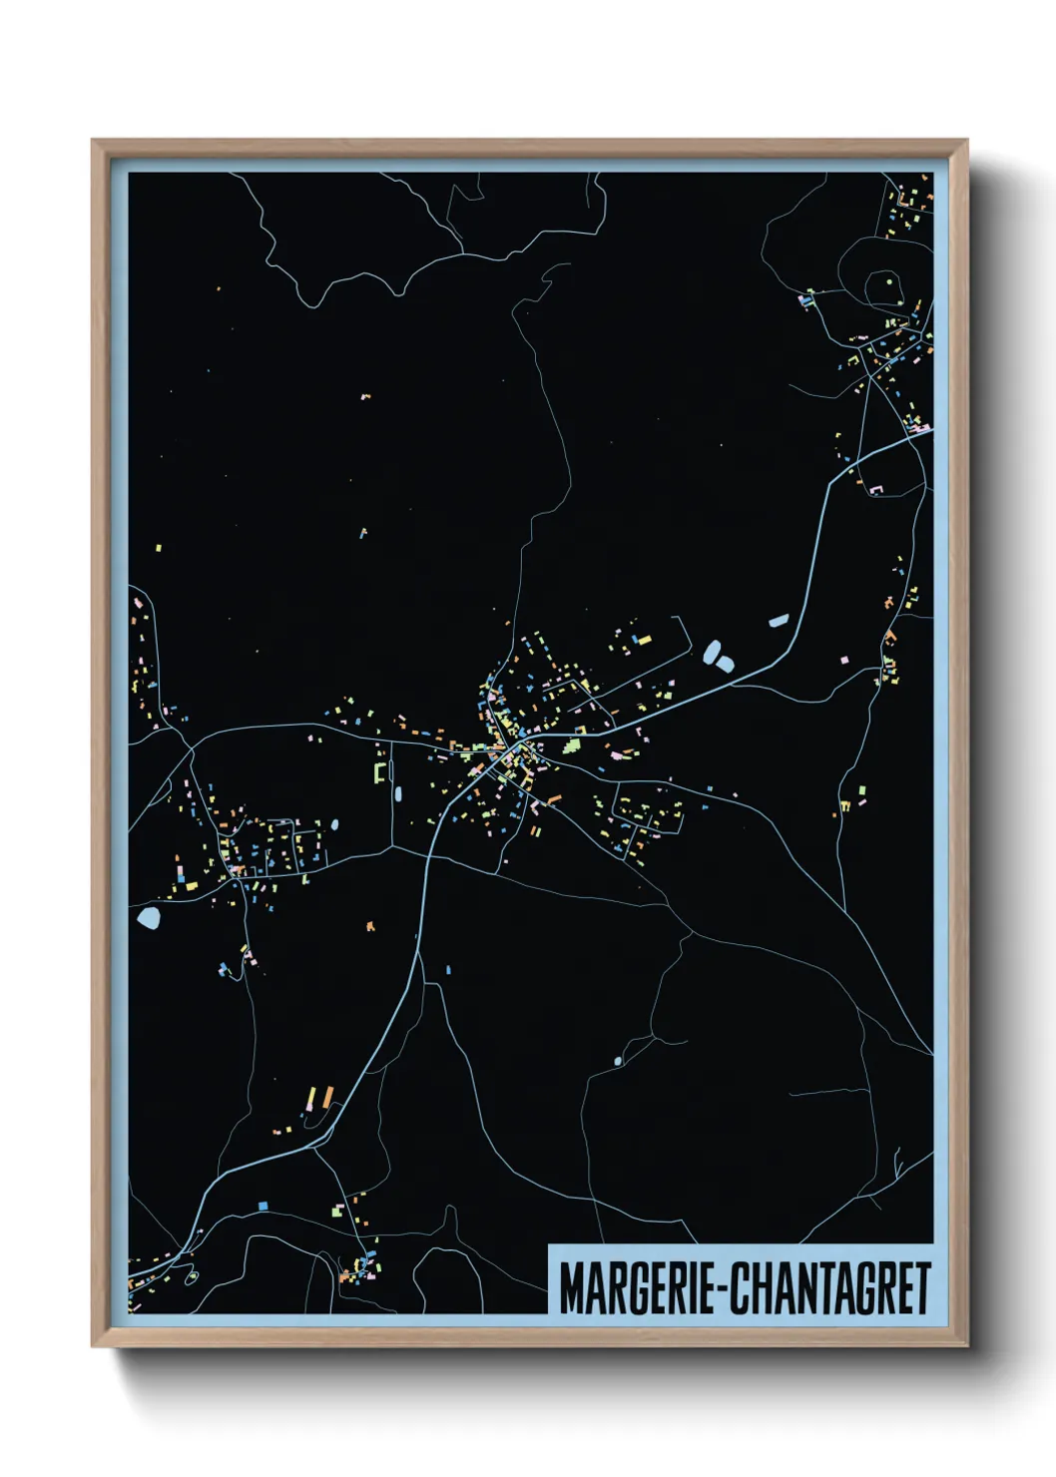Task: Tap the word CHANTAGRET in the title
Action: pyautogui.click(x=831, y=1288)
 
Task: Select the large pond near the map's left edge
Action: pyautogui.click(x=150, y=917)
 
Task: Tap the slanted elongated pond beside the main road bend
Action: pyautogui.click(x=779, y=621)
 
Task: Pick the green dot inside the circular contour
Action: pyautogui.click(x=888, y=281)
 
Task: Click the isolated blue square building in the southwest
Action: pyautogui.click(x=263, y=1206)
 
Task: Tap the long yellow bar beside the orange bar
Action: pyautogui.click(x=310, y=1097)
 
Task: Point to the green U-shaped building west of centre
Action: pyautogui.click(x=379, y=772)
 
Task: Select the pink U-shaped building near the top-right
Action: pyautogui.click(x=879, y=489)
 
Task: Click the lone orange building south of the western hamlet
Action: pyautogui.click(x=370, y=926)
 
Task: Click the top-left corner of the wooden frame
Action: pyautogui.click(x=93, y=141)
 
